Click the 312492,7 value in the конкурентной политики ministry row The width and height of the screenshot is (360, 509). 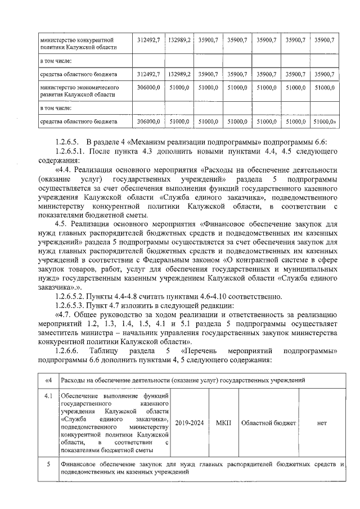[x=149, y=40]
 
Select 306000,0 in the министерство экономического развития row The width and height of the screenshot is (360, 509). [x=149, y=88]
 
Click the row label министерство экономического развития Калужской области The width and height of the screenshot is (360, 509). [x=79, y=92]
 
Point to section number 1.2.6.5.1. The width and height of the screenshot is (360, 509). [x=75, y=151]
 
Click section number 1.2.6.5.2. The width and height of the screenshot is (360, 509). [x=75, y=296]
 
